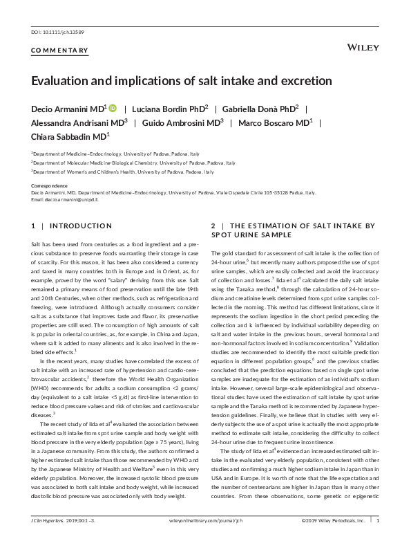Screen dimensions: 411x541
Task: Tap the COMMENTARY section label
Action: [x=60, y=50]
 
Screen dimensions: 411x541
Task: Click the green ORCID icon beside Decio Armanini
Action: [x=113, y=109]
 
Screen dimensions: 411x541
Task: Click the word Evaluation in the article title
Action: [x=64, y=80]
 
